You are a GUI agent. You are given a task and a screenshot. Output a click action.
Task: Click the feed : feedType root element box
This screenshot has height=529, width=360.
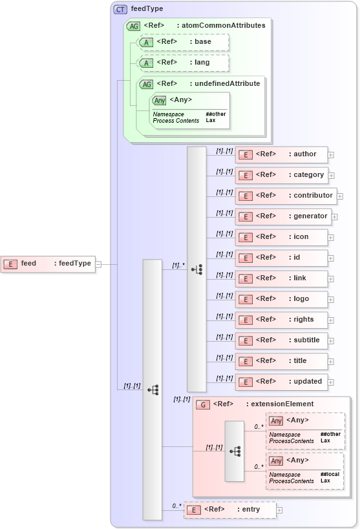tap(48, 264)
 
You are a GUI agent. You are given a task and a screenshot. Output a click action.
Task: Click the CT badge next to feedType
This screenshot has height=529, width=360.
tap(120, 9)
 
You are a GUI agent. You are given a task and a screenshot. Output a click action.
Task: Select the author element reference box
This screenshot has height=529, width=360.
tap(281, 154)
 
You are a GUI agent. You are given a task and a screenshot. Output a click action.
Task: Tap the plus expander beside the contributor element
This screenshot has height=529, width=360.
tap(340, 196)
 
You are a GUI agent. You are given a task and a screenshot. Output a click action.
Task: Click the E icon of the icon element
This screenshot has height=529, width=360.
tap(245, 237)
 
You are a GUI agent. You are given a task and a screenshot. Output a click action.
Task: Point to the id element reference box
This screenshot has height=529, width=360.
tap(281, 258)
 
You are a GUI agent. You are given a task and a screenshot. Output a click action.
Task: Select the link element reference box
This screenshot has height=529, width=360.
tap(281, 278)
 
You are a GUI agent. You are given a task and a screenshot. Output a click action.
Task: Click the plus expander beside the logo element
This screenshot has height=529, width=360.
tap(331, 299)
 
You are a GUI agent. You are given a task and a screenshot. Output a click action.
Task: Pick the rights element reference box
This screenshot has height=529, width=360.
tap(281, 320)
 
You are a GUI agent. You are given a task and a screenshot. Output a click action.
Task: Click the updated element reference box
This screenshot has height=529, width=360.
tap(281, 382)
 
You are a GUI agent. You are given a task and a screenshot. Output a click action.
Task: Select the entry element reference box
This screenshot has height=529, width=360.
tap(229, 510)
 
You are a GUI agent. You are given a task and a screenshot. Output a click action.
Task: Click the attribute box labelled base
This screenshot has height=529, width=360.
tap(184, 42)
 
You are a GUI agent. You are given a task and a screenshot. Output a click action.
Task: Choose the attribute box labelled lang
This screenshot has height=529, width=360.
tap(184, 63)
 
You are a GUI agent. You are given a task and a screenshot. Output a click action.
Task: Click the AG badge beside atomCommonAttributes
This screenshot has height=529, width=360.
tap(133, 26)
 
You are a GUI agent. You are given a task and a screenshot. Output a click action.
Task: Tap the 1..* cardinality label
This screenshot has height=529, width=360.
tap(178, 265)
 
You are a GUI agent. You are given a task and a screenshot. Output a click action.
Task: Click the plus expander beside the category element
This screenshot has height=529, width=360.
tap(331, 175)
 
